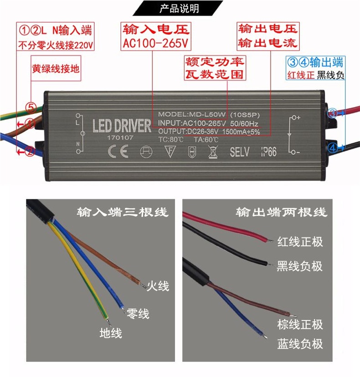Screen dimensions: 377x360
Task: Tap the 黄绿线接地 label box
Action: pos(55,69)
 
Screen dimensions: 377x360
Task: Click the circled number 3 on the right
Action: pos(333,113)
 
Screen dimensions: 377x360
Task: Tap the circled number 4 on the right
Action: pos(333,147)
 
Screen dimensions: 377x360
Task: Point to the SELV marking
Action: pos(240,152)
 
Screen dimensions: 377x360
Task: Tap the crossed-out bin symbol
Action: pos(213,152)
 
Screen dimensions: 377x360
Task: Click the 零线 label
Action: pos(138,314)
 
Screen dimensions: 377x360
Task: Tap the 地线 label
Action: pos(111,333)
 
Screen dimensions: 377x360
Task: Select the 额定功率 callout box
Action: pos(214,62)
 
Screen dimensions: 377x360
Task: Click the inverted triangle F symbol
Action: pos(170,152)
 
